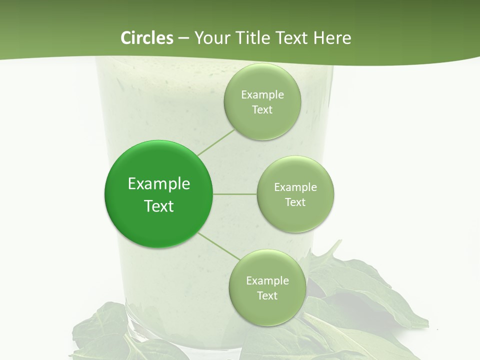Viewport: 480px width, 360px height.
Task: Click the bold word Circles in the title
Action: (x=147, y=38)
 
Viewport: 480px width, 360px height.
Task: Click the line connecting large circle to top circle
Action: (x=216, y=142)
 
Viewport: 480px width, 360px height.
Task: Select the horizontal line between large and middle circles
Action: (x=234, y=194)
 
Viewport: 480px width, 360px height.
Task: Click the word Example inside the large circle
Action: (x=158, y=184)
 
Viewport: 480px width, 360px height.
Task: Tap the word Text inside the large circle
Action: (x=158, y=206)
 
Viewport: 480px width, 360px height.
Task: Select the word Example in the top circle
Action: (x=262, y=95)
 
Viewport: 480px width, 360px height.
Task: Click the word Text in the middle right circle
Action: (x=295, y=202)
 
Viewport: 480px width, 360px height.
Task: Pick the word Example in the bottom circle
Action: (x=267, y=281)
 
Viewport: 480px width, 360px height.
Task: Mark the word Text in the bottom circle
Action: (x=267, y=296)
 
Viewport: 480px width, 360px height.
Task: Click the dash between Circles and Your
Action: (x=183, y=38)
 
